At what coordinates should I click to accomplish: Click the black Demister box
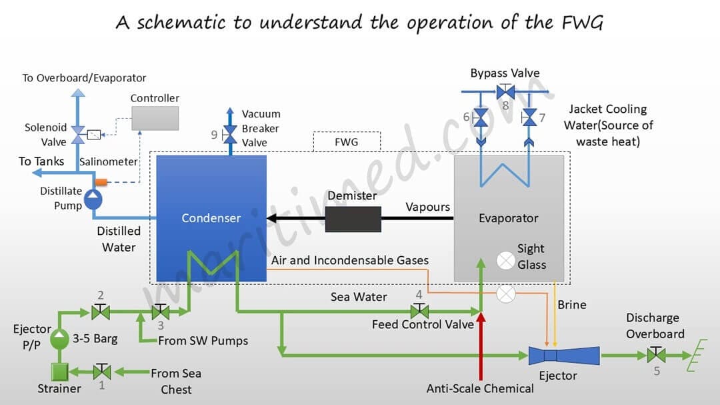353,219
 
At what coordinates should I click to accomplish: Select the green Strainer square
60,371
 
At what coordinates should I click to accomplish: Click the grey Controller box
155,118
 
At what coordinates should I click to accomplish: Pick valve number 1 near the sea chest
102,371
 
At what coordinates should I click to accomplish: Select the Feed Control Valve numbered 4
419,311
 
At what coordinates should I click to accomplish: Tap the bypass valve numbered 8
505,91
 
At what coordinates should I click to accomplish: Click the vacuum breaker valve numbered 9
231,135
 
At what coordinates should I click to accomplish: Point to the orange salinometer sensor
101,181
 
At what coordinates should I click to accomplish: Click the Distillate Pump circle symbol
93,198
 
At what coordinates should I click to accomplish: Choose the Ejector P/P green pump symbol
60,339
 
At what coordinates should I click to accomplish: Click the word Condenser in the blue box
211,218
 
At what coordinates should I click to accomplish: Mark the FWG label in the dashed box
346,142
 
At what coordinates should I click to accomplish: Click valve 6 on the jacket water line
480,118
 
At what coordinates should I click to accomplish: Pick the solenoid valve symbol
78,134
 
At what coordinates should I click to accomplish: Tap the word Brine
572,305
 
